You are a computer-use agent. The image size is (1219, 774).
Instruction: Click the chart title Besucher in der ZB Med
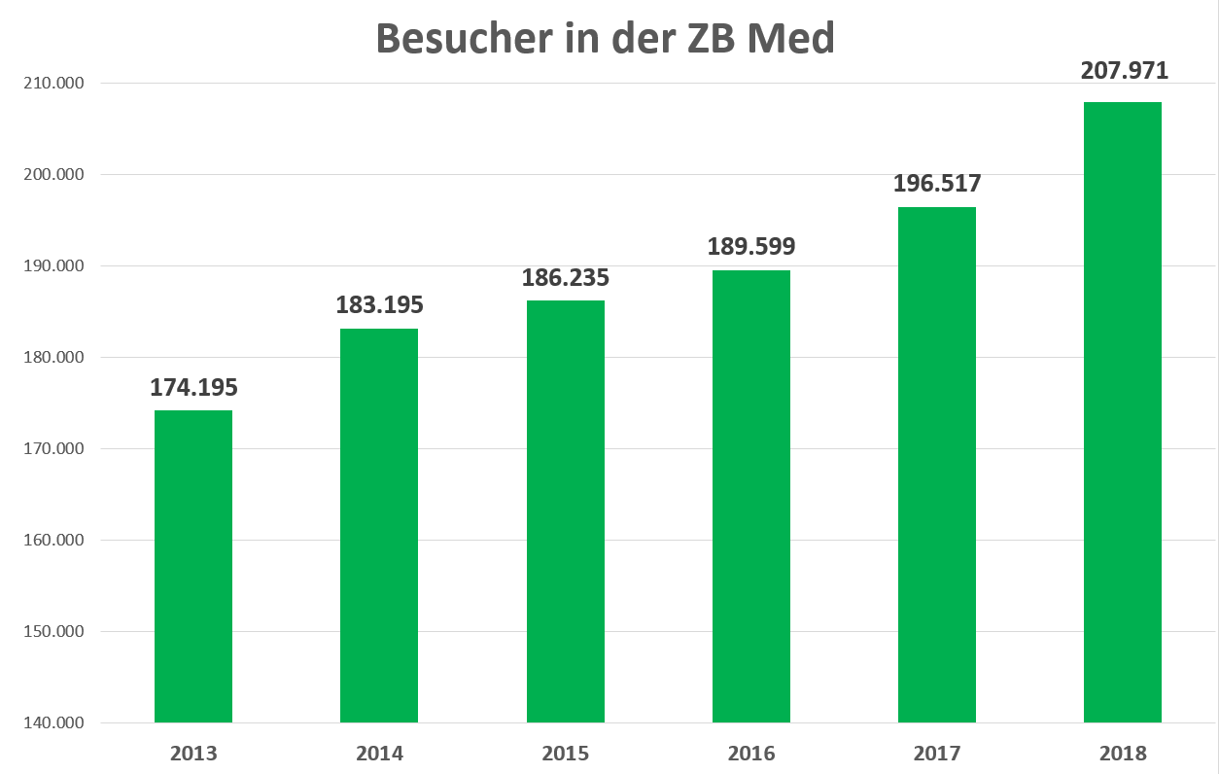[x=605, y=39]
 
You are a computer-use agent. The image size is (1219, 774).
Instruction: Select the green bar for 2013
[x=193, y=566]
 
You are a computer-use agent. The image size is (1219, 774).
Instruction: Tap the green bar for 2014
[x=379, y=525]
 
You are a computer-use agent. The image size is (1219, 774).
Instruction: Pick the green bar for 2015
[x=566, y=511]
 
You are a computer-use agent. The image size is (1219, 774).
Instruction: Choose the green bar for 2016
[x=751, y=496]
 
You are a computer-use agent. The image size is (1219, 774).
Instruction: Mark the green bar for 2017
[x=937, y=465]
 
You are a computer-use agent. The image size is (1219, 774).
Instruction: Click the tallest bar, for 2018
[x=1123, y=412]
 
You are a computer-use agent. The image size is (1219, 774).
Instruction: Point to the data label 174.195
[x=193, y=387]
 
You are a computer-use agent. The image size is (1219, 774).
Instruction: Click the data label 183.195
[x=379, y=304]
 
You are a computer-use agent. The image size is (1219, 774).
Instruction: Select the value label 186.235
[x=566, y=277]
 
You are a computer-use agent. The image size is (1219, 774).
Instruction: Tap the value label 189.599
[x=751, y=246]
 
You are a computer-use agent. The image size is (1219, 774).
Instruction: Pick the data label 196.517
[x=937, y=183]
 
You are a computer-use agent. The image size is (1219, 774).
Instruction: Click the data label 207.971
[x=1124, y=70]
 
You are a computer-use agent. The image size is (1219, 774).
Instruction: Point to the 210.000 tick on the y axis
[x=53, y=84]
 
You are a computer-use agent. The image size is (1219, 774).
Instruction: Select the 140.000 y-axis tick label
[x=53, y=723]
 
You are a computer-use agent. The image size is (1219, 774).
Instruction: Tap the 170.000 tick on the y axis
[x=53, y=449]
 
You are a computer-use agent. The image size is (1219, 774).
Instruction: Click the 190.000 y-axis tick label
[x=53, y=266]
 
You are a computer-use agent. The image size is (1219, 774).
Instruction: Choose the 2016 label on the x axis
[x=751, y=753]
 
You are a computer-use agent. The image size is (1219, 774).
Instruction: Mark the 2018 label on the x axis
[x=1123, y=753]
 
